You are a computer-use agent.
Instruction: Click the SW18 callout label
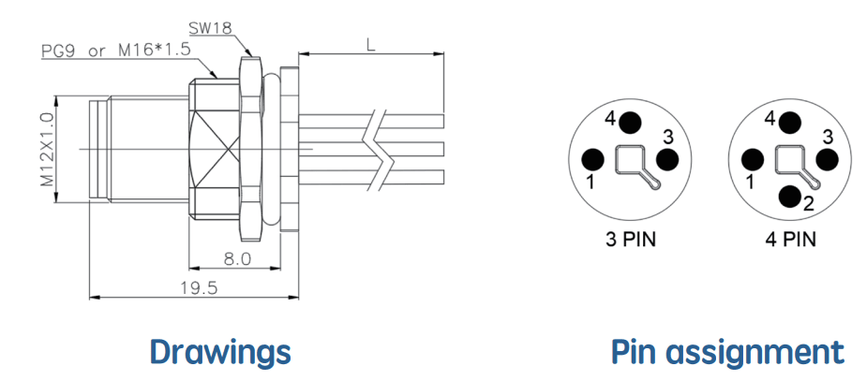(x=210, y=28)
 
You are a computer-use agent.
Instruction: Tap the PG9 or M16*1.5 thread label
(x=116, y=51)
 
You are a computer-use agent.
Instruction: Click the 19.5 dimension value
(x=199, y=287)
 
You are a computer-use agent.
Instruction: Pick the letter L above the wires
(x=370, y=45)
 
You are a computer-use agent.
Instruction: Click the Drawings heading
(x=220, y=352)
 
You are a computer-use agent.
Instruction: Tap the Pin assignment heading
(x=727, y=352)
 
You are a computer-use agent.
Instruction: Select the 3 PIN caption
(x=631, y=241)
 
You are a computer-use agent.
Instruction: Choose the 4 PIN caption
(x=791, y=241)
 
